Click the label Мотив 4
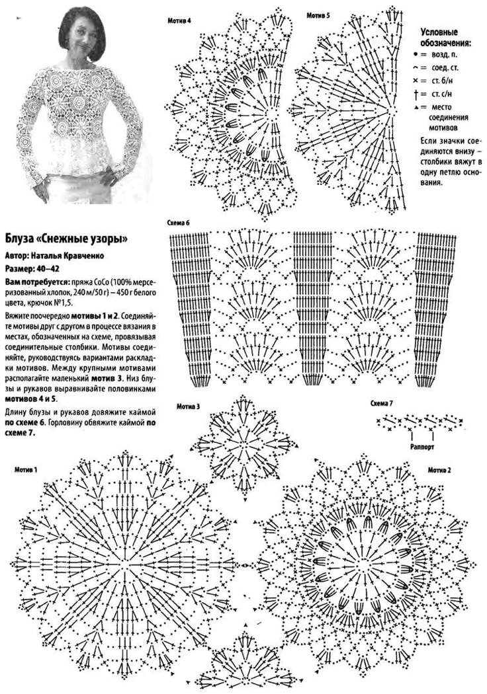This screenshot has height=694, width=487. pyautogui.click(x=181, y=21)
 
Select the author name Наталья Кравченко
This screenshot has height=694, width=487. pyautogui.click(x=68, y=254)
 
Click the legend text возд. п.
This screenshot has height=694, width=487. pyautogui.click(x=445, y=53)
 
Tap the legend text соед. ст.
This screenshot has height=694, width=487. pyautogui.click(x=445, y=67)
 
